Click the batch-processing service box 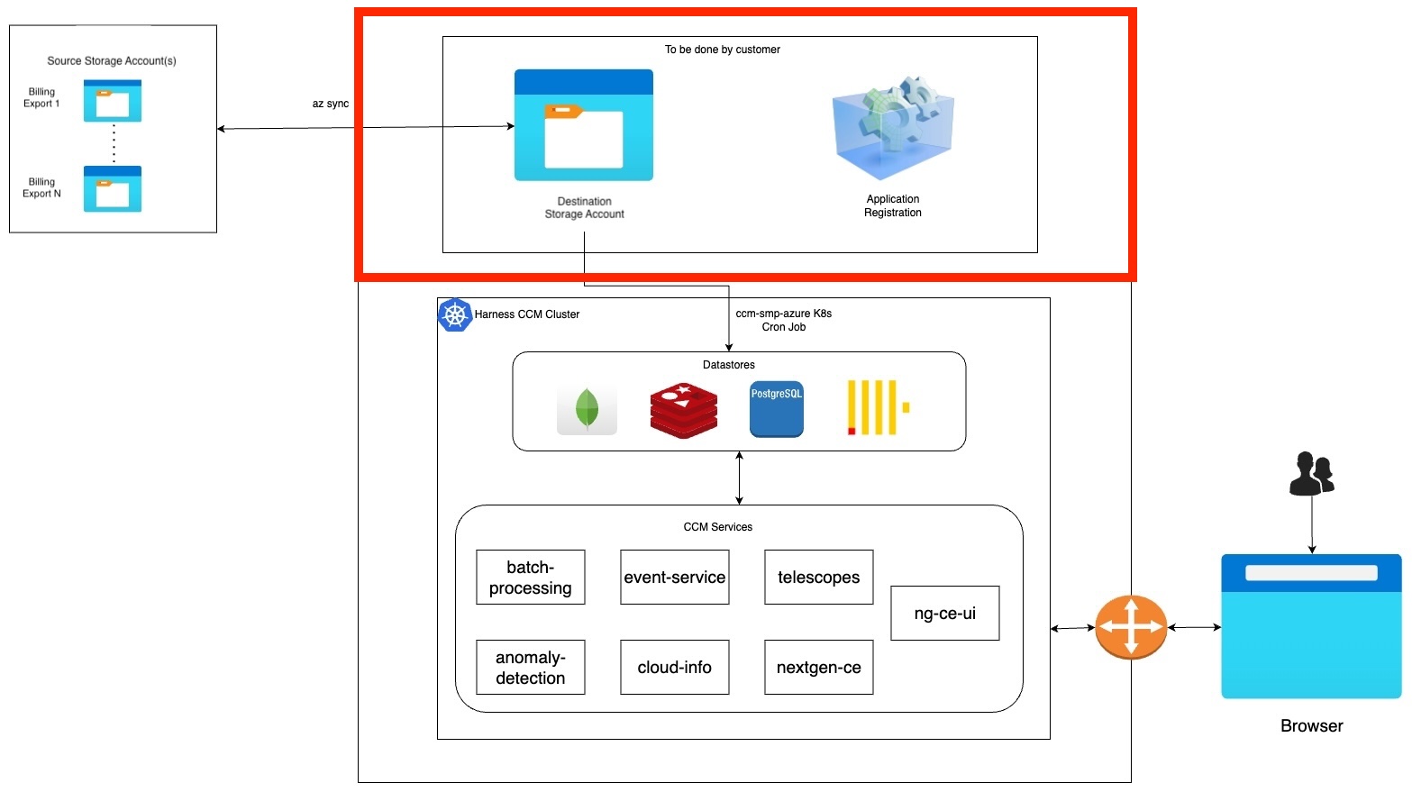pyautogui.click(x=530, y=578)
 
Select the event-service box pyautogui.click(x=674, y=578)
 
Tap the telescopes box pyautogui.click(x=818, y=578)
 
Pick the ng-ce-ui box pyautogui.click(x=944, y=614)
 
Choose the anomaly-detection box pyautogui.click(x=530, y=668)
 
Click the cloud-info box pyautogui.click(x=674, y=668)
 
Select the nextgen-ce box pyautogui.click(x=818, y=668)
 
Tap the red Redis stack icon pyautogui.click(x=684, y=410)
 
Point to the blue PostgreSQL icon pyautogui.click(x=776, y=409)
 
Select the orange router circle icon pyautogui.click(x=1131, y=627)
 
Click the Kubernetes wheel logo pyautogui.click(x=455, y=315)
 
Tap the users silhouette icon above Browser pyautogui.click(x=1311, y=474)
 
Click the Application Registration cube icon pyautogui.click(x=892, y=128)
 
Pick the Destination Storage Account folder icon pyautogui.click(x=584, y=125)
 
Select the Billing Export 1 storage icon pyautogui.click(x=113, y=101)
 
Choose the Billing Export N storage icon pyautogui.click(x=113, y=189)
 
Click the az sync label pyautogui.click(x=330, y=104)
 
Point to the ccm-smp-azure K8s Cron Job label pyautogui.click(x=783, y=320)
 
